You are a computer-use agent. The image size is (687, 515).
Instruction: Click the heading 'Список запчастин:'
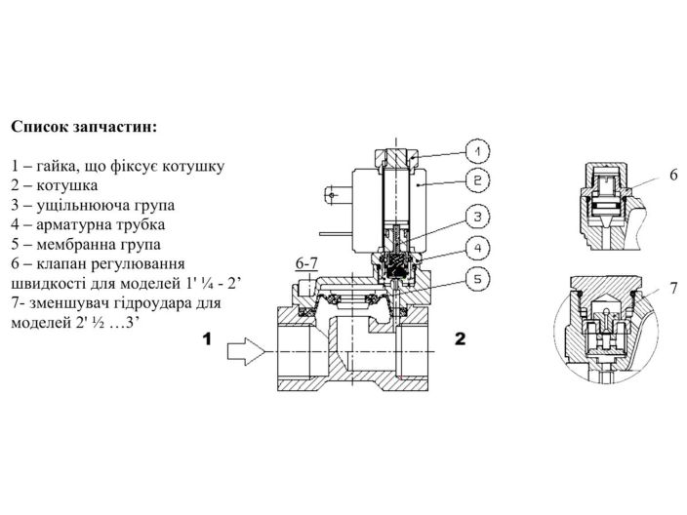[x=83, y=127]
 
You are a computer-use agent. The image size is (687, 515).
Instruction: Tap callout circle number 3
[x=475, y=217]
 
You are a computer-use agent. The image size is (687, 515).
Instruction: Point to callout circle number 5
[x=475, y=279]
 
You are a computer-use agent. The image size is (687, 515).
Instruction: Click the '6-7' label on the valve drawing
[x=307, y=264]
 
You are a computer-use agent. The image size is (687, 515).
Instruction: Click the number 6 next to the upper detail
[x=673, y=175]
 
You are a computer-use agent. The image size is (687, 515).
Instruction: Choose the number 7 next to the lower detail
[x=673, y=289]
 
